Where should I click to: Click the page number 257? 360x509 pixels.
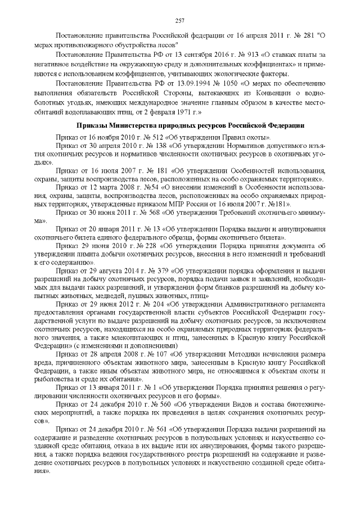[x=180, y=21]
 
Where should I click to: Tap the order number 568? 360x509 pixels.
[x=146, y=213]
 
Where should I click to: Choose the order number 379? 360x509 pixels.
[x=148, y=270]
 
